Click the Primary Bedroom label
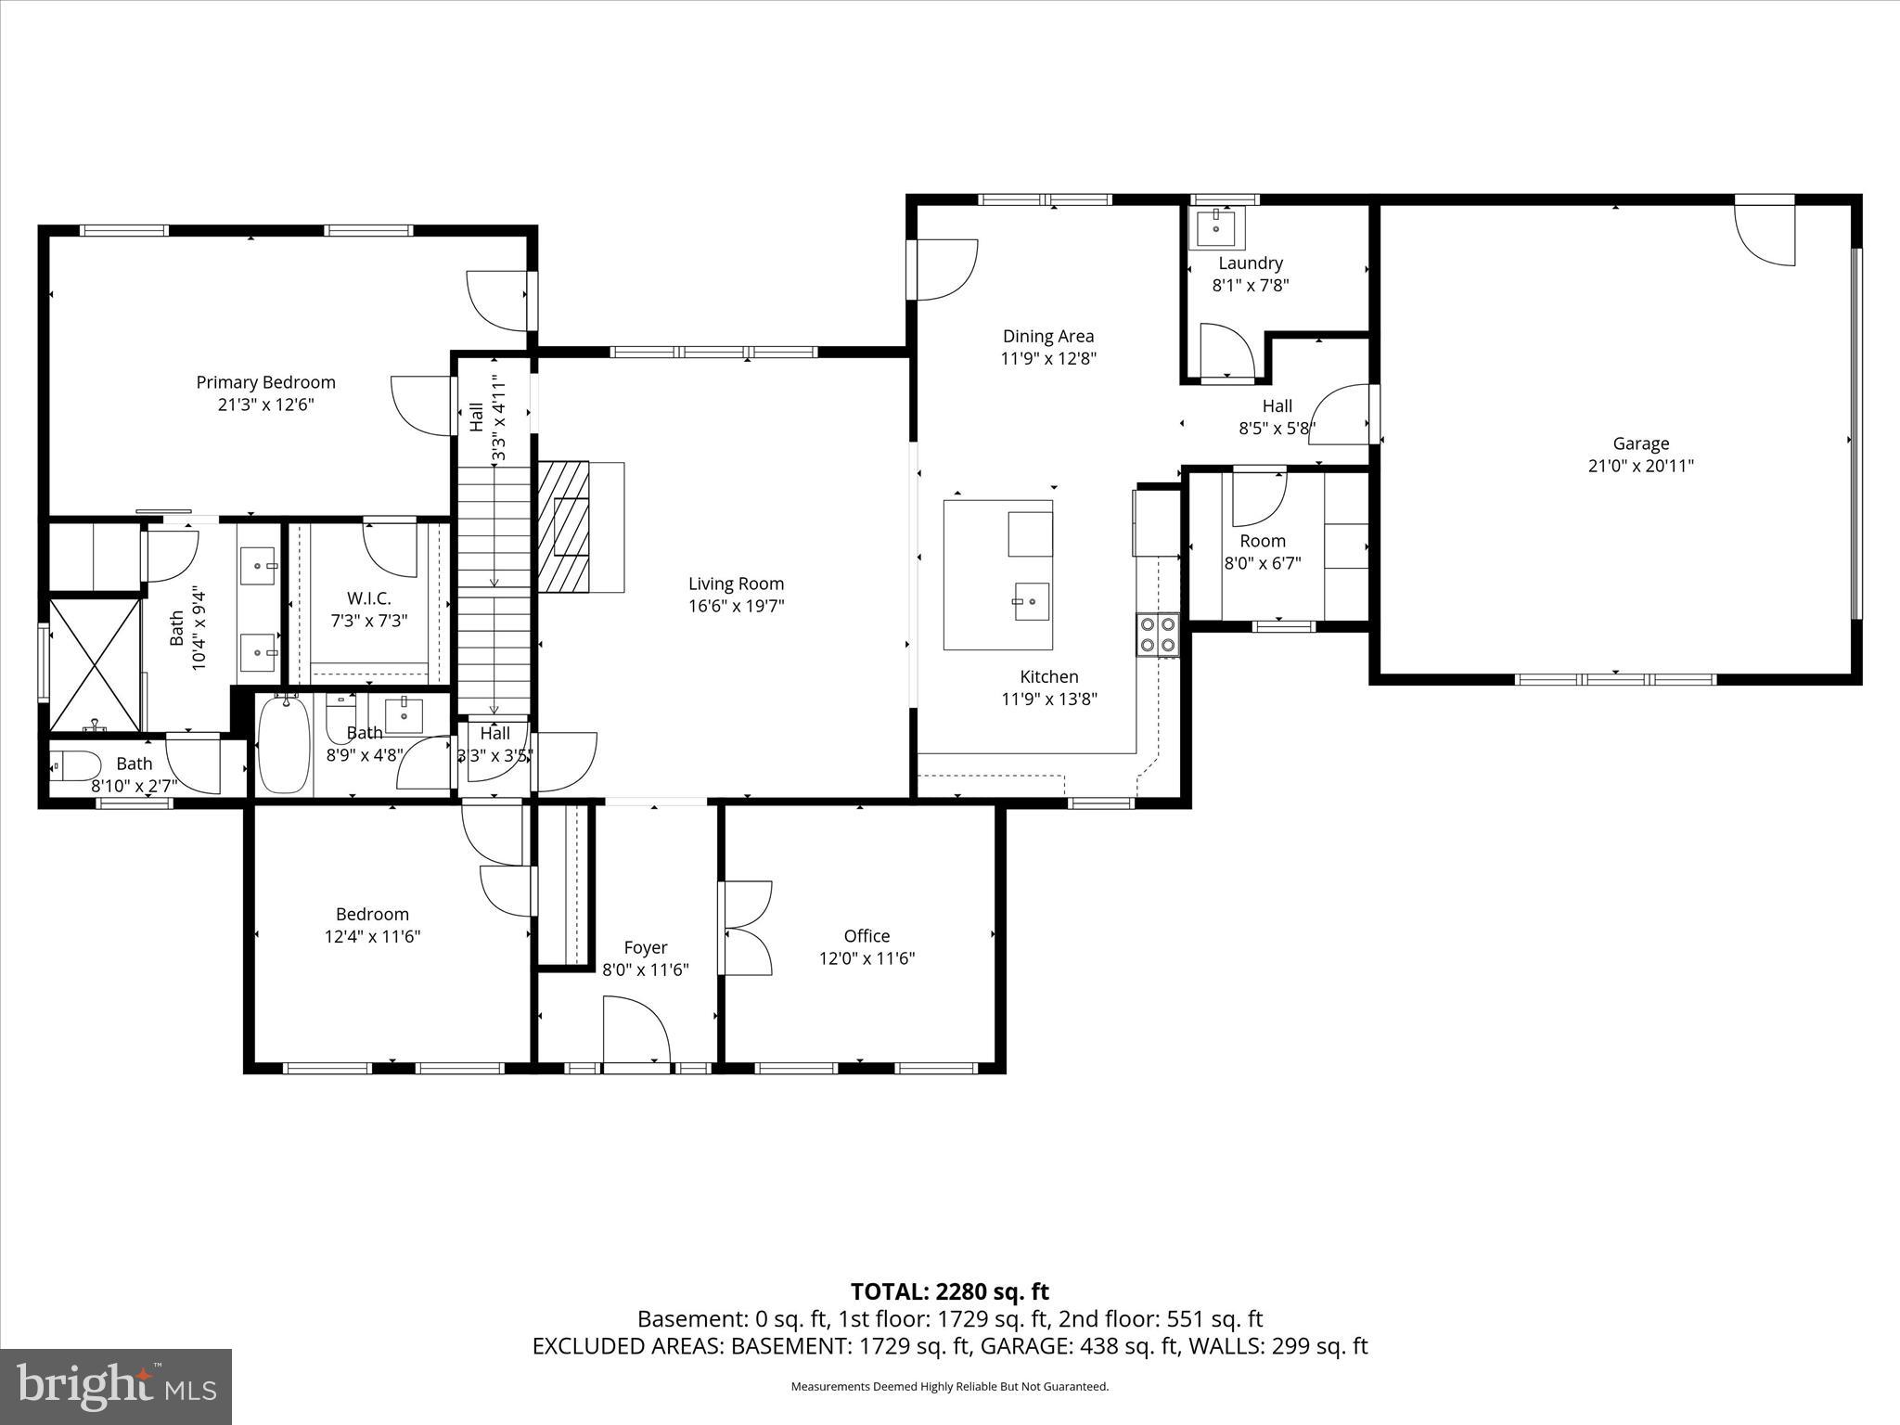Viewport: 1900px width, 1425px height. pos(265,382)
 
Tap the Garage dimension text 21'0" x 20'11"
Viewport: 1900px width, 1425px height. pos(1640,466)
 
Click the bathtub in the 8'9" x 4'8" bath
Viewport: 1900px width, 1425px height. pos(284,745)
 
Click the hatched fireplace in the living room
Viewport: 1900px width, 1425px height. pos(564,526)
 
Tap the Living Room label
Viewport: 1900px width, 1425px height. pos(736,584)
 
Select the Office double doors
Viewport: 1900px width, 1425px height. pos(746,928)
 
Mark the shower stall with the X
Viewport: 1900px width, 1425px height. pos(95,664)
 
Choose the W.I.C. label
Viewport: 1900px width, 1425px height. pos(369,598)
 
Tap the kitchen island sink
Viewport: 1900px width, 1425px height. pos(1031,601)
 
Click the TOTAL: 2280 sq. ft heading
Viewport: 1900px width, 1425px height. pos(949,1291)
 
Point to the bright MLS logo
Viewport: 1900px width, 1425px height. pos(116,1387)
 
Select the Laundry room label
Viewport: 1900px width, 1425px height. pos(1250,263)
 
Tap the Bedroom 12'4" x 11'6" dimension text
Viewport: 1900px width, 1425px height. pos(372,937)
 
